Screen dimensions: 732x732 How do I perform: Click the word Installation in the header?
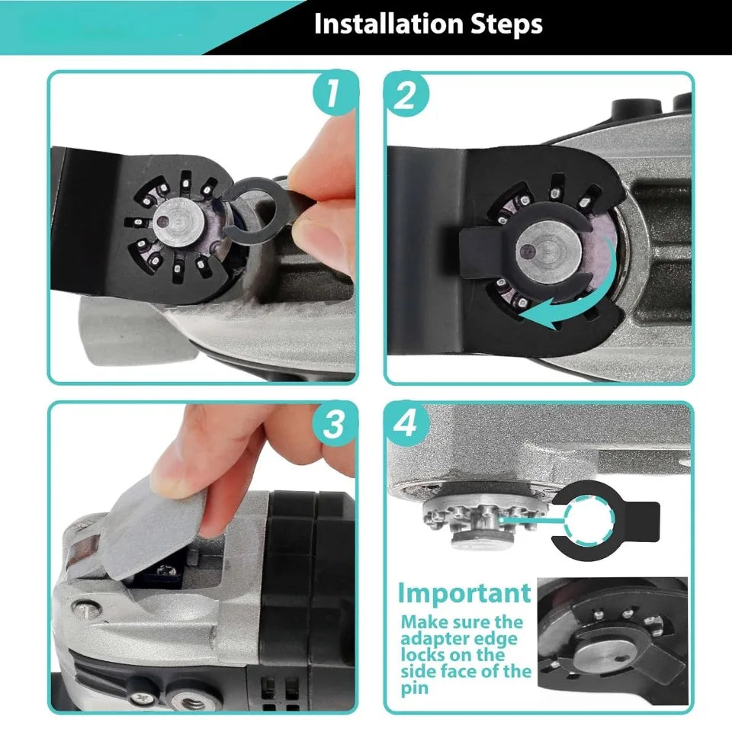tap(389, 24)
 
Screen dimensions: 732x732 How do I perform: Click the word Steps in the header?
tap(506, 24)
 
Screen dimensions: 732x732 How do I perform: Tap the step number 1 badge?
tap(333, 92)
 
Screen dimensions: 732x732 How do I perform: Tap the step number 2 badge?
tap(405, 95)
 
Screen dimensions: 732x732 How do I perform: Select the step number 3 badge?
tap(333, 424)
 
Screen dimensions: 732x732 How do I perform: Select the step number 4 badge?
tap(405, 424)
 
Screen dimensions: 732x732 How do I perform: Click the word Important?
tap(464, 593)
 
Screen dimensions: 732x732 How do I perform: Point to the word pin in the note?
tap(414, 688)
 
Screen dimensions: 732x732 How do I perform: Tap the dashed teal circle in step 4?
tap(588, 519)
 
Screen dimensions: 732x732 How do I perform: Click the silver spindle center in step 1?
tap(178, 221)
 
